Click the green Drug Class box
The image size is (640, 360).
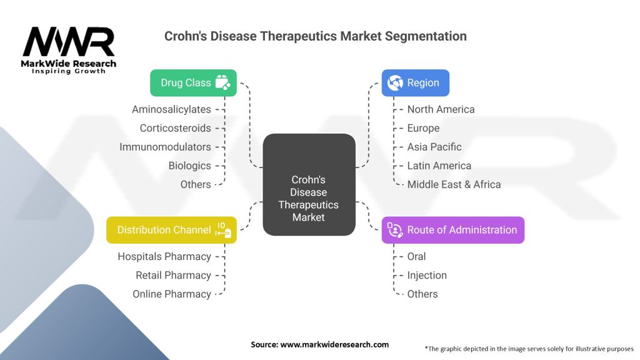tap(193, 82)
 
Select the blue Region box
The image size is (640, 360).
tap(415, 82)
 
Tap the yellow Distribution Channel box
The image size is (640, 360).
tap(171, 230)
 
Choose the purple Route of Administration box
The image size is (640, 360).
tap(452, 230)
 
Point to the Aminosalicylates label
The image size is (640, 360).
tap(171, 109)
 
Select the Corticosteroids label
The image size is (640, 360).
tap(175, 128)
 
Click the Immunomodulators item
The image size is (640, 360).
tap(165, 147)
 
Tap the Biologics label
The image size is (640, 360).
tap(189, 166)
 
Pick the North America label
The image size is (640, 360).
tap(441, 109)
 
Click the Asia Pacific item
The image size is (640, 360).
tap(434, 147)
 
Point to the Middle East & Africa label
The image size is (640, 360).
tap(454, 184)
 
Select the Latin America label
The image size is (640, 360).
tap(439, 166)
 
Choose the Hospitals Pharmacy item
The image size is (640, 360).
tap(164, 256)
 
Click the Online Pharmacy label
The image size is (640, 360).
tap(172, 294)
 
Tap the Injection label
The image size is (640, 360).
tap(427, 275)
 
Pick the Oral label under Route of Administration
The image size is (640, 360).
tap(416, 256)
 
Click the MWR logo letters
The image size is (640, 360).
tap(69, 42)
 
